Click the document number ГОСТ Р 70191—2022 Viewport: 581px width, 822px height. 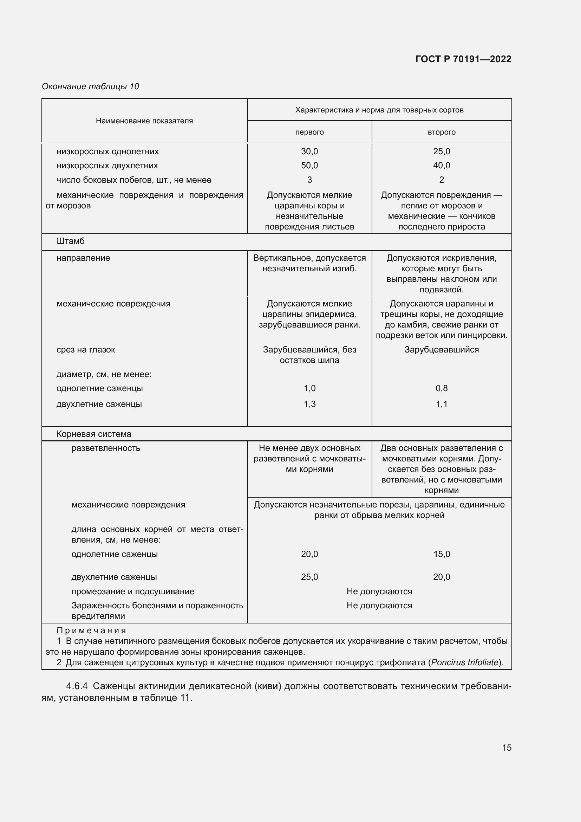[x=463, y=59]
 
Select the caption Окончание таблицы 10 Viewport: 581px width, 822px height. [x=91, y=86]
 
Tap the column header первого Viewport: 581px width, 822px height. [x=309, y=132]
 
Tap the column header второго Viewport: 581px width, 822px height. [x=442, y=132]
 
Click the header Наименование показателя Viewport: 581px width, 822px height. [x=144, y=121]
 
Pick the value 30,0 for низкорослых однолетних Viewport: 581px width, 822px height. [x=309, y=151]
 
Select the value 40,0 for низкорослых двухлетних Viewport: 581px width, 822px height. [x=442, y=166]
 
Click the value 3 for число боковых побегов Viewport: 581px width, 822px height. [x=309, y=180]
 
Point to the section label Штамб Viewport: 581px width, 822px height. [x=71, y=241]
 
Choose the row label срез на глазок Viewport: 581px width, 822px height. [x=85, y=349]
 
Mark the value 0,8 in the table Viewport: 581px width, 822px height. [x=442, y=388]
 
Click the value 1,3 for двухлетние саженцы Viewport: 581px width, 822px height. [x=309, y=404]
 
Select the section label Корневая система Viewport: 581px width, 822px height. [x=94, y=434]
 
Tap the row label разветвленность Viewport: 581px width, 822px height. [x=105, y=448]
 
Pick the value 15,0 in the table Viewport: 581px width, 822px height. [x=442, y=554]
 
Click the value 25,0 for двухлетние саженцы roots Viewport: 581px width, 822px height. [x=309, y=577]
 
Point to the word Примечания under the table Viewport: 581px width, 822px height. [x=91, y=630]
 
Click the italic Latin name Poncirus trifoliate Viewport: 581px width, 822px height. [x=465, y=662]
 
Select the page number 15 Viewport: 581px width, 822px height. [x=507, y=747]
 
